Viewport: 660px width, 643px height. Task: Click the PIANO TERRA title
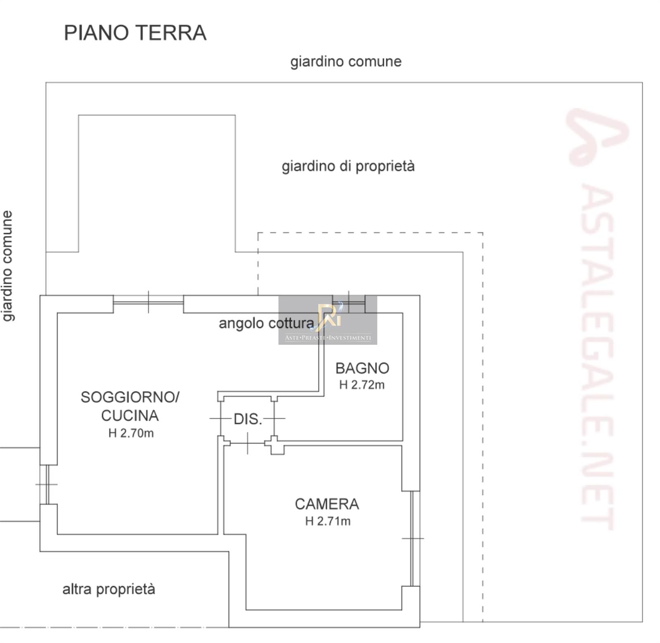[135, 33]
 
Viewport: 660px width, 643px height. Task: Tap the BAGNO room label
[362, 368]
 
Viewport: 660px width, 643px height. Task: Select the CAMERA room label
[327, 504]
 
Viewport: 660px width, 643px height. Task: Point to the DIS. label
[248, 419]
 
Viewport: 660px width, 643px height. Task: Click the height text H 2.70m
[131, 433]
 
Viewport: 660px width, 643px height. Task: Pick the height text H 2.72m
[362, 385]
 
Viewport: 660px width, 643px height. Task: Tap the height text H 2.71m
[328, 521]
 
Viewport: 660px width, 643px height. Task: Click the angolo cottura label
[266, 323]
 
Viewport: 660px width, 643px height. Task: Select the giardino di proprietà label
[348, 166]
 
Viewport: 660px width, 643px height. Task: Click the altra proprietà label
[109, 589]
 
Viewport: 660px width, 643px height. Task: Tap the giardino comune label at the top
[346, 62]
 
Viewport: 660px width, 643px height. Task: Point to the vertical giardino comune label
[8, 266]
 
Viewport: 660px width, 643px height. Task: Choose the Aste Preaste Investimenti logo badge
[328, 320]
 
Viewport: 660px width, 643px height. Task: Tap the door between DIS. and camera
[247, 443]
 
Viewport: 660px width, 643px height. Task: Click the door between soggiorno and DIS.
[220, 418]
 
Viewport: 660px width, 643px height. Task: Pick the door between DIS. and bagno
[274, 418]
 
